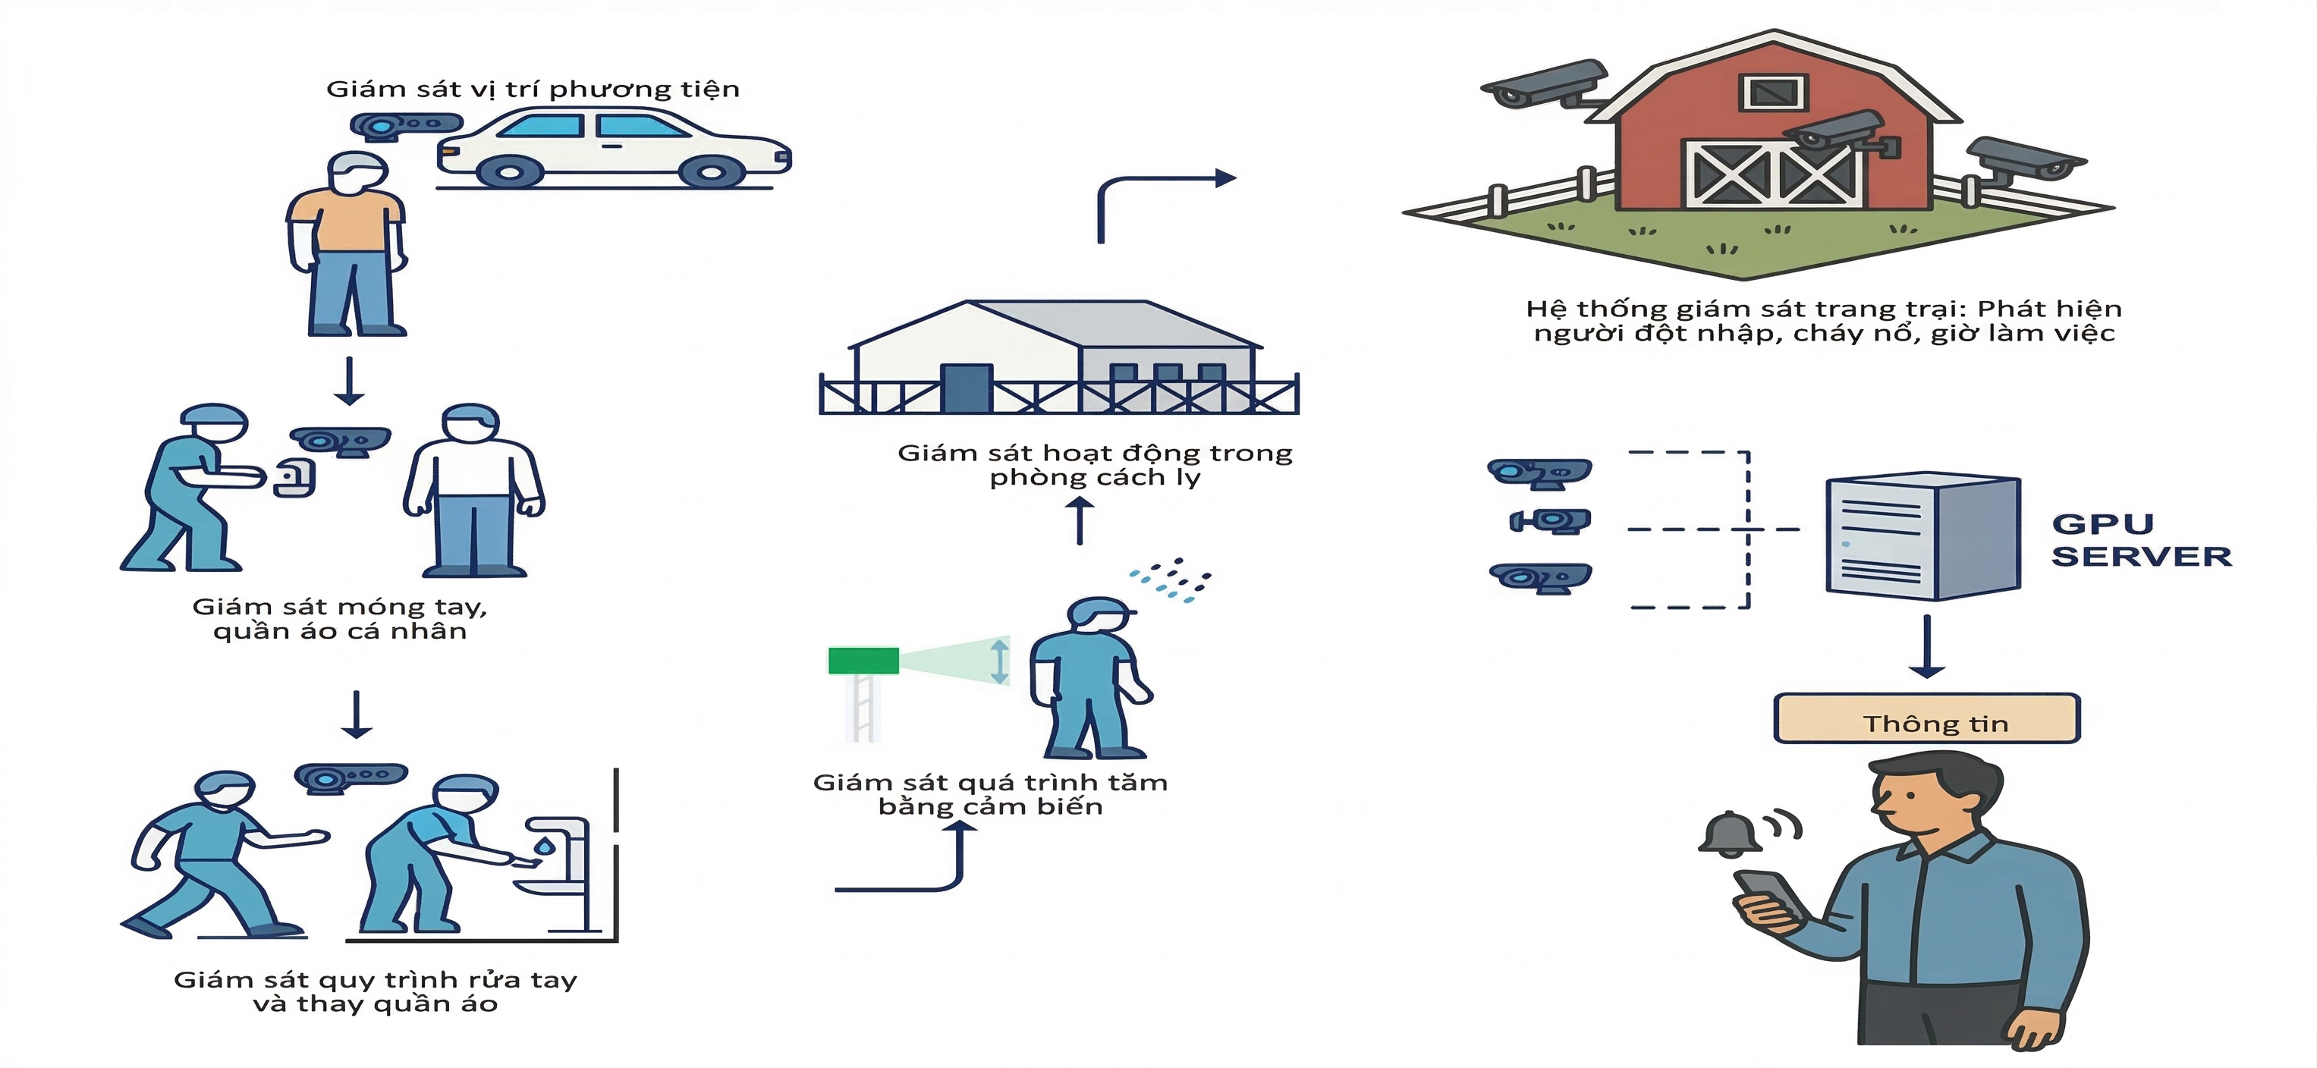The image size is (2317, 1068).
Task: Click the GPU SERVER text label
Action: point(2141,540)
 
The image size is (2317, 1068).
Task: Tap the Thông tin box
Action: point(1926,719)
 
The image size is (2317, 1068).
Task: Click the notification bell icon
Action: point(1729,834)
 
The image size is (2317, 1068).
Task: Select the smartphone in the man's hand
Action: point(1765,894)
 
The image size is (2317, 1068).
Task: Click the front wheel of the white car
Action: point(711,171)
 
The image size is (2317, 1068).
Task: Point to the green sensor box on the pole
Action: point(863,661)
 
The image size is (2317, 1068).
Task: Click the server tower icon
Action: point(1923,538)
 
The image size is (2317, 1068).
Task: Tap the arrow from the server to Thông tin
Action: point(1926,647)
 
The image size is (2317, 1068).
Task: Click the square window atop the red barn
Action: point(1774,92)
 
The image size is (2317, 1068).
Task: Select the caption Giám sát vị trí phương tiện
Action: point(533,89)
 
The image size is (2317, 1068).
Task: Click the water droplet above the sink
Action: point(544,846)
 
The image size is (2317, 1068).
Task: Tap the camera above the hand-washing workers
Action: point(351,777)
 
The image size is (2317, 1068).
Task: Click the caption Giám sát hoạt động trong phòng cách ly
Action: point(1095,465)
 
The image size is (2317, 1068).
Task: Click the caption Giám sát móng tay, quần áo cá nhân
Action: point(340,618)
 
